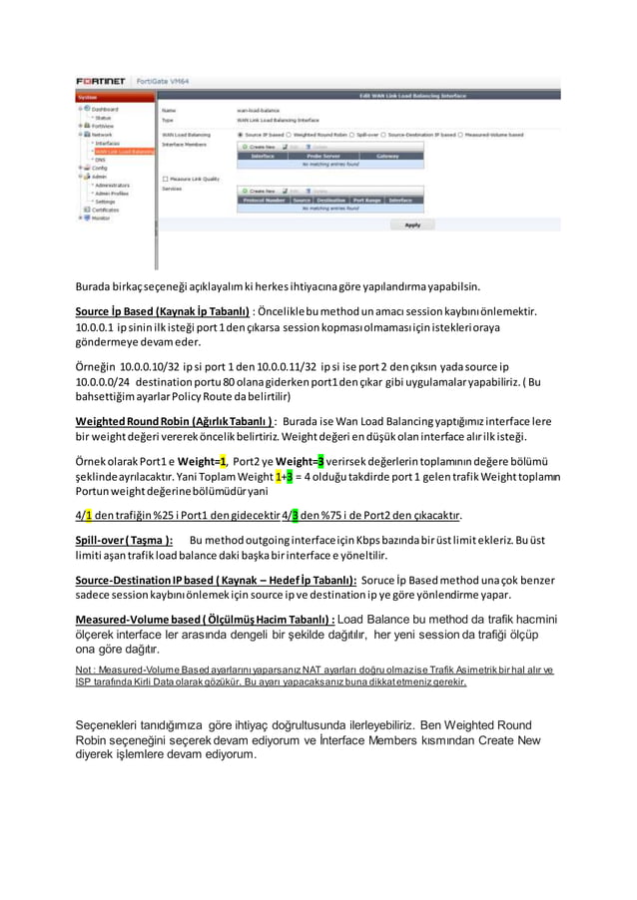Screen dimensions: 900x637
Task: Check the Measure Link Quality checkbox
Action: pyautogui.click(x=165, y=179)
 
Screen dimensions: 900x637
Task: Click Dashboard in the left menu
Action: pyautogui.click(x=104, y=109)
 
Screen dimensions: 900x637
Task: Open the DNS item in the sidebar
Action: pyautogui.click(x=99, y=159)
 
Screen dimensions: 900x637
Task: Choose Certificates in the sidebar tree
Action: pyautogui.click(x=107, y=210)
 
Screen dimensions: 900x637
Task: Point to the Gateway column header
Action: pyautogui.click(x=387, y=156)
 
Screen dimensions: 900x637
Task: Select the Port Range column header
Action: pyautogui.click(x=365, y=199)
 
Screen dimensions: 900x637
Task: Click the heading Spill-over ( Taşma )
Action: pyautogui.click(x=124, y=540)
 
